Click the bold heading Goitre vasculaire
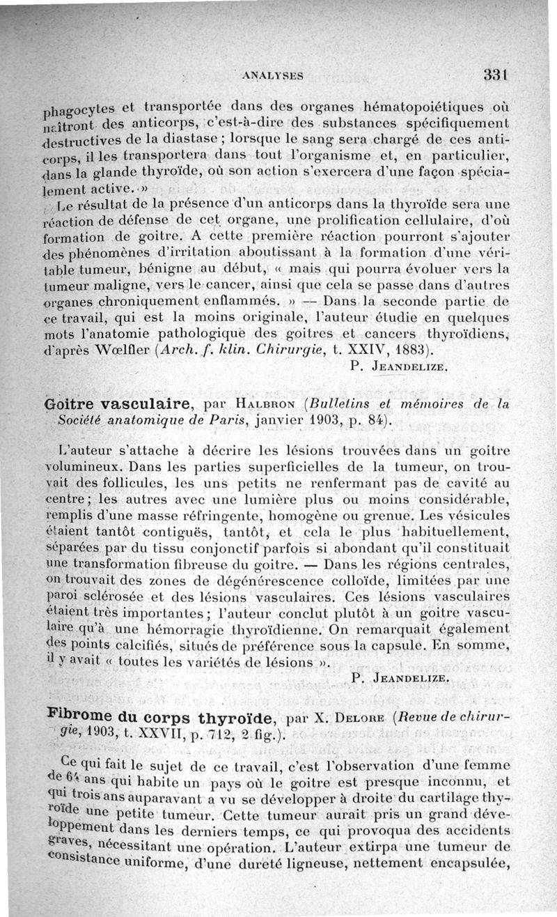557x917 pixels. coord(120,403)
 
